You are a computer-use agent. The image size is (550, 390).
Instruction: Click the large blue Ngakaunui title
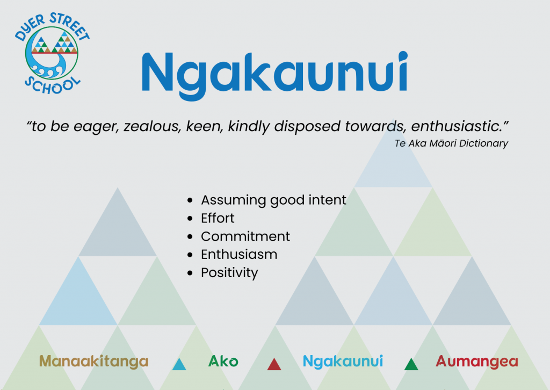[x=274, y=75]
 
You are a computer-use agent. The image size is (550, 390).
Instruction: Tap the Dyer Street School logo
[x=52, y=53]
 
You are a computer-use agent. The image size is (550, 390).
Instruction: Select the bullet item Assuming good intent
[x=273, y=200]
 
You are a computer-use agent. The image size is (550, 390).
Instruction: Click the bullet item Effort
[x=218, y=218]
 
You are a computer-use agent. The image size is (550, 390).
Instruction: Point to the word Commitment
[x=245, y=236]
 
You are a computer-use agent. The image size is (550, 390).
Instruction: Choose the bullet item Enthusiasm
[x=239, y=254]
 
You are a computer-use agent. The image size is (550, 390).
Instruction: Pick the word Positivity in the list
[x=229, y=273]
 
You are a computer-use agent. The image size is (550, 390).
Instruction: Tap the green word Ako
[x=223, y=361]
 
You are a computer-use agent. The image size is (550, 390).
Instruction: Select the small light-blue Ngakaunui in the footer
[x=343, y=362]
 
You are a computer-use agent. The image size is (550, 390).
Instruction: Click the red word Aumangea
[x=477, y=362]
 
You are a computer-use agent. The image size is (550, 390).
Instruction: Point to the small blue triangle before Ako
[x=179, y=364]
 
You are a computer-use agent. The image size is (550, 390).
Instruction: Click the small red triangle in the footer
[x=274, y=364]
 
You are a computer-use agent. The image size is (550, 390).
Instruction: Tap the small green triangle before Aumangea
[x=411, y=364]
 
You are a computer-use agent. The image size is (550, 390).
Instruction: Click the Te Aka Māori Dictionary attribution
[x=451, y=143]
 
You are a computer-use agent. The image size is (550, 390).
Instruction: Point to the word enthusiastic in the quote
[x=457, y=126]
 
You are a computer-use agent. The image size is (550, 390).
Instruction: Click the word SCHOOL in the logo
[x=52, y=85]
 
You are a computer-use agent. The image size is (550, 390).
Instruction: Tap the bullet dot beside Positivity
[x=190, y=273]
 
